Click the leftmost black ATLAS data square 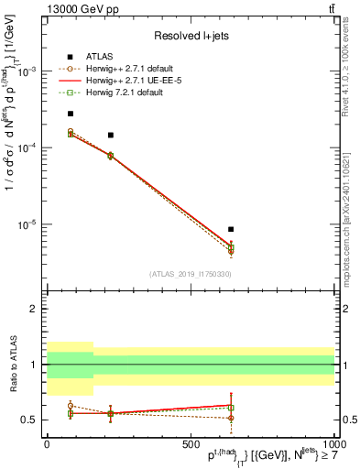click(x=71, y=114)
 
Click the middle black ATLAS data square click(x=111, y=135)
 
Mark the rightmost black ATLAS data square click(x=232, y=229)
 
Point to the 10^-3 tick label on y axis click(x=27, y=71)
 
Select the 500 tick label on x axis click(x=190, y=443)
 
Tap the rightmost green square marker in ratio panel click(x=232, y=408)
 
